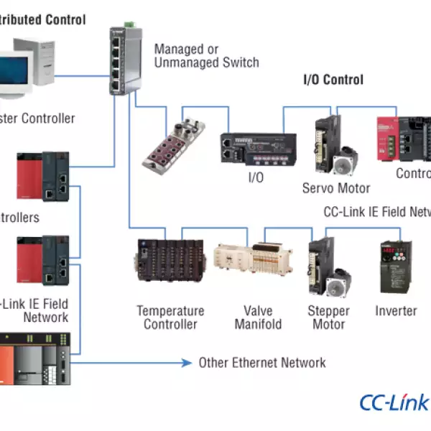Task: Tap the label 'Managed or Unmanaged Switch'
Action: pos(206,56)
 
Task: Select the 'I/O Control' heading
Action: pos(333,80)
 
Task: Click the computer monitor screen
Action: pos(16,72)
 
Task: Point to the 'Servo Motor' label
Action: pos(336,188)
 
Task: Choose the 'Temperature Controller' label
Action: pos(170,318)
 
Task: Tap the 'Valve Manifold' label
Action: pos(258,318)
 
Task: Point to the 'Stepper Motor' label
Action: pos(328,318)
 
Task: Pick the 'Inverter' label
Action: pos(396,311)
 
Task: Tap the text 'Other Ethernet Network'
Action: pos(262,363)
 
